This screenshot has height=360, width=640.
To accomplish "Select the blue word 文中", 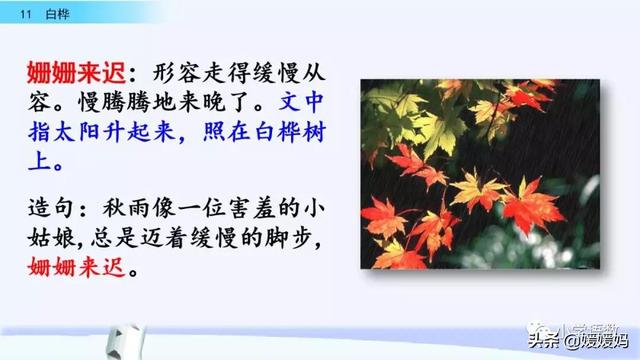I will [x=304, y=105].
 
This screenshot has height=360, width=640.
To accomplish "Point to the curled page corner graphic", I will [x=80, y=336].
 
